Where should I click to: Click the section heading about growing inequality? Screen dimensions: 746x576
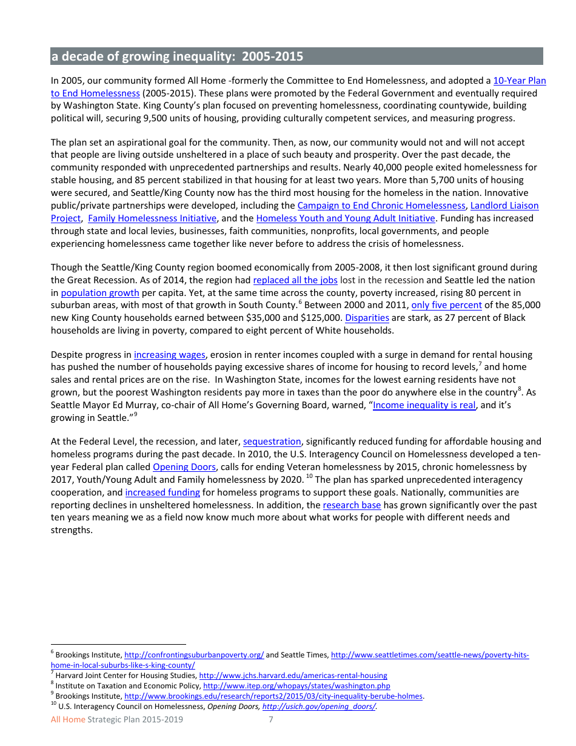tap(176, 57)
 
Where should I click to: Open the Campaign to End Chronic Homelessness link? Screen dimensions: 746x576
tap(381, 206)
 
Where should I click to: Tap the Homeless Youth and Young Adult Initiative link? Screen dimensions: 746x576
tap(346, 218)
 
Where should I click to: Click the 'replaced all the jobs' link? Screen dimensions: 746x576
tap(295, 280)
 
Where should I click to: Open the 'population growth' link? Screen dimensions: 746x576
tap(100, 293)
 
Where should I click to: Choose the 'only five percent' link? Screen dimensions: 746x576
tap(446, 305)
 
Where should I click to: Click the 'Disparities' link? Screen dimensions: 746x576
tap(367, 318)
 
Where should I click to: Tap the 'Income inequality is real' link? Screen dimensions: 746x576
tap(424, 405)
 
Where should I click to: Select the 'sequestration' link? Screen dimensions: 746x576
tap(272, 442)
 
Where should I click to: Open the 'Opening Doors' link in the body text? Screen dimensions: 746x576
tap(184, 467)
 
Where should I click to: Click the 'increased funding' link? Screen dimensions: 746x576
tap(162, 492)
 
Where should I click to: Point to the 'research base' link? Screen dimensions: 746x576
tap(352, 505)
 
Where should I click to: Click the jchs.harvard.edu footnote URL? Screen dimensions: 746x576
tap(293, 676)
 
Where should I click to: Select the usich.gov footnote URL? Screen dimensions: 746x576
tap(319, 707)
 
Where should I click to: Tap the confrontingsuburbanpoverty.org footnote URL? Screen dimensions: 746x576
tap(194, 655)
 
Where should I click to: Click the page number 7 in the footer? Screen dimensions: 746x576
tap(271, 720)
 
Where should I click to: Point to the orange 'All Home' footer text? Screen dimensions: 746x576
tap(68, 720)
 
